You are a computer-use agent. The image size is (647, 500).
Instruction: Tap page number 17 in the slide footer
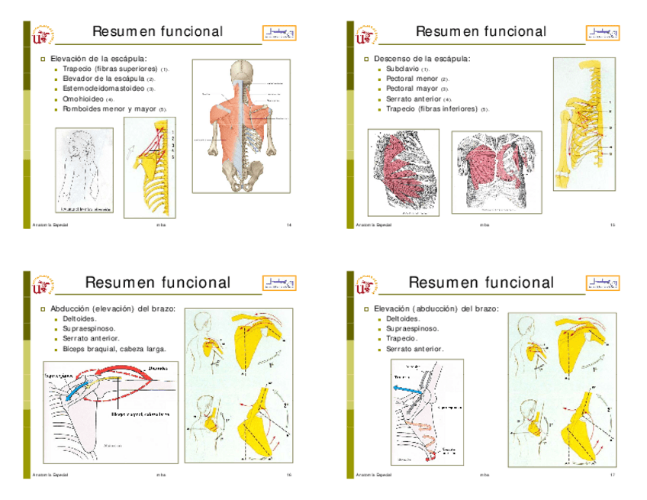613,475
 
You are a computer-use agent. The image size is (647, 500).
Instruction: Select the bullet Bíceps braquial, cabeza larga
114,349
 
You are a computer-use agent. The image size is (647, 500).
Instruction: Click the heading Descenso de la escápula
422,59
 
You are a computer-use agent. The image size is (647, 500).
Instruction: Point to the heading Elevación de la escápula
98,58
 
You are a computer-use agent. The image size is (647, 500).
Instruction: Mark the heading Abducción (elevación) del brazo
113,309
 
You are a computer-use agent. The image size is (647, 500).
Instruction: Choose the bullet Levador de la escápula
103,79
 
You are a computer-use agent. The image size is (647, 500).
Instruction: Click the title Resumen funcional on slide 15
481,31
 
